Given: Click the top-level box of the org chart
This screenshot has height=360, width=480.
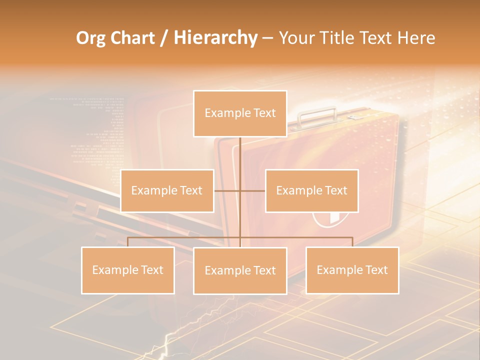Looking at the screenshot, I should click(x=240, y=113).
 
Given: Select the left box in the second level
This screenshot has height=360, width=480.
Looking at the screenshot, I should click(x=167, y=190).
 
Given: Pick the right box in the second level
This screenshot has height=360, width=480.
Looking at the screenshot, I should click(x=311, y=190).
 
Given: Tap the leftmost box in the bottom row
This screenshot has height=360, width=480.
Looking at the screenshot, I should click(x=128, y=270).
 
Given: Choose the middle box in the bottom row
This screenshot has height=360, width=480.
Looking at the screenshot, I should click(x=240, y=270).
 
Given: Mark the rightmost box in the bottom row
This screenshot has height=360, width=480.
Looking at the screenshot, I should click(x=352, y=270).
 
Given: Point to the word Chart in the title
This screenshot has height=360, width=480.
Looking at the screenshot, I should click(x=132, y=38).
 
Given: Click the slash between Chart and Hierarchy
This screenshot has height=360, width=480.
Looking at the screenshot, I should click(x=164, y=38).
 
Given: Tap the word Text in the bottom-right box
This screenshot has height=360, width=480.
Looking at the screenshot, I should click(x=376, y=270).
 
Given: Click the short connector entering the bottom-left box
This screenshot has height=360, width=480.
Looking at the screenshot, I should click(x=128, y=242).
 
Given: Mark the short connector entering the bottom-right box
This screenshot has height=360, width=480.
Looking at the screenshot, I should click(x=352, y=242).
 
